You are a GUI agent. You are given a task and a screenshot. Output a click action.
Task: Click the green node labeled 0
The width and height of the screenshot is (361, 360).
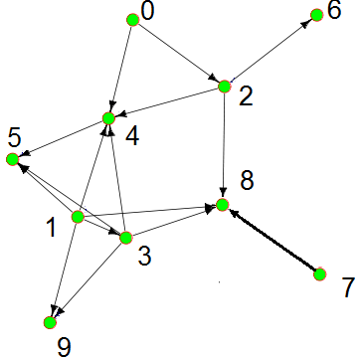(132, 18)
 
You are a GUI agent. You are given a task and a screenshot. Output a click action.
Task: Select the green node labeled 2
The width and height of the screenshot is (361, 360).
(225, 87)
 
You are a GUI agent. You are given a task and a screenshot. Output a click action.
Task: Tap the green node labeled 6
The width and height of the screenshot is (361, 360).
(317, 14)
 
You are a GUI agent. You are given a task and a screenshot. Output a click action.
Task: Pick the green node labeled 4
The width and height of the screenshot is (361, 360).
(108, 119)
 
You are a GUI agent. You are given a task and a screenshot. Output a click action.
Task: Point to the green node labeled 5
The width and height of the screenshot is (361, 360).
(13, 159)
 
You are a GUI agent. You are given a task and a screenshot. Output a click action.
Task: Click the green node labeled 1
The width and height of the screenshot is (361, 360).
(78, 217)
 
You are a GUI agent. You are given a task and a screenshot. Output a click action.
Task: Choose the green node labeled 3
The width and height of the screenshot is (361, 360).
(125, 237)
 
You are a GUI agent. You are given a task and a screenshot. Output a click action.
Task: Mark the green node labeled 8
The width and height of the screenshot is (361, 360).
(223, 206)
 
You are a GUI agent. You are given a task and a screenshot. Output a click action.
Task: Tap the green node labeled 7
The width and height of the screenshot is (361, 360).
(320, 273)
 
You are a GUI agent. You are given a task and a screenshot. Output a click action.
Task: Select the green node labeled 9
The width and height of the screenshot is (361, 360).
(49, 322)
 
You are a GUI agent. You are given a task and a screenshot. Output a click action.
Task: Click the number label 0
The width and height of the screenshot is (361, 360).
(149, 12)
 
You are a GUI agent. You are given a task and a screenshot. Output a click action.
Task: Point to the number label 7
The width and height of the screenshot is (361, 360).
(347, 287)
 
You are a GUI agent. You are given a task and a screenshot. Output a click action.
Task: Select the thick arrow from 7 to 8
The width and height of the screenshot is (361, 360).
(271, 240)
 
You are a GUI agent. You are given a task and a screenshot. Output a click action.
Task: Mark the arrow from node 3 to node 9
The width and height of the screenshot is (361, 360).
(88, 279)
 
